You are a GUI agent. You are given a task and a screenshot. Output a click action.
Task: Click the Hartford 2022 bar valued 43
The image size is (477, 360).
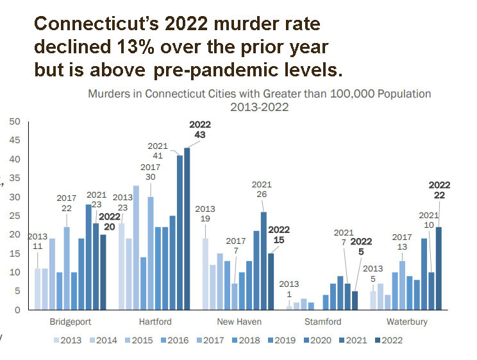tap(187, 228)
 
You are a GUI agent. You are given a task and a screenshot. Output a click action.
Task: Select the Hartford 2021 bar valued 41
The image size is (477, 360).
tap(180, 232)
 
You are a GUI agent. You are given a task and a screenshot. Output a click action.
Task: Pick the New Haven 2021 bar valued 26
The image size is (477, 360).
tap(264, 261)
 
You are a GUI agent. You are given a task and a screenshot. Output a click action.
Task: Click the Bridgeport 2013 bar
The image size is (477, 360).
tap(38, 289)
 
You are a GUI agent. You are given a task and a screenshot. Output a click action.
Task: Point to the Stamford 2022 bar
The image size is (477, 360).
tap(355, 300)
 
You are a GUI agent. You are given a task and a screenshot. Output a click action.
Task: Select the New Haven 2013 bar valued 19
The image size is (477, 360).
tap(205, 274)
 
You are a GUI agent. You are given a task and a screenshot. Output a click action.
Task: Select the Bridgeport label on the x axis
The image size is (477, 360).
tap(69, 321)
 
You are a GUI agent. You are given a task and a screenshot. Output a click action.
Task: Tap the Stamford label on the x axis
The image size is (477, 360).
tap(322, 321)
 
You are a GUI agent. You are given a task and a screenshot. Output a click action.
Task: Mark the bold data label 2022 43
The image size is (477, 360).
tap(199, 130)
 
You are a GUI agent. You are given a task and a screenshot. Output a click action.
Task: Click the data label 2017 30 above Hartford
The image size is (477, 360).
tap(150, 172)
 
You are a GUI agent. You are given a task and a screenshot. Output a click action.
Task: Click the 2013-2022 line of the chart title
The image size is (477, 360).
tap(259, 107)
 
